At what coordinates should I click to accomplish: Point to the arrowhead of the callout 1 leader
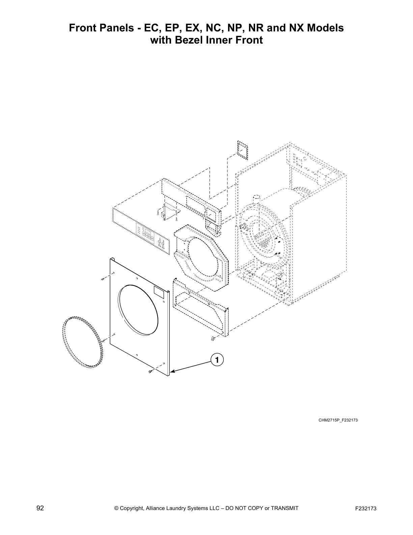(172, 372)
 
